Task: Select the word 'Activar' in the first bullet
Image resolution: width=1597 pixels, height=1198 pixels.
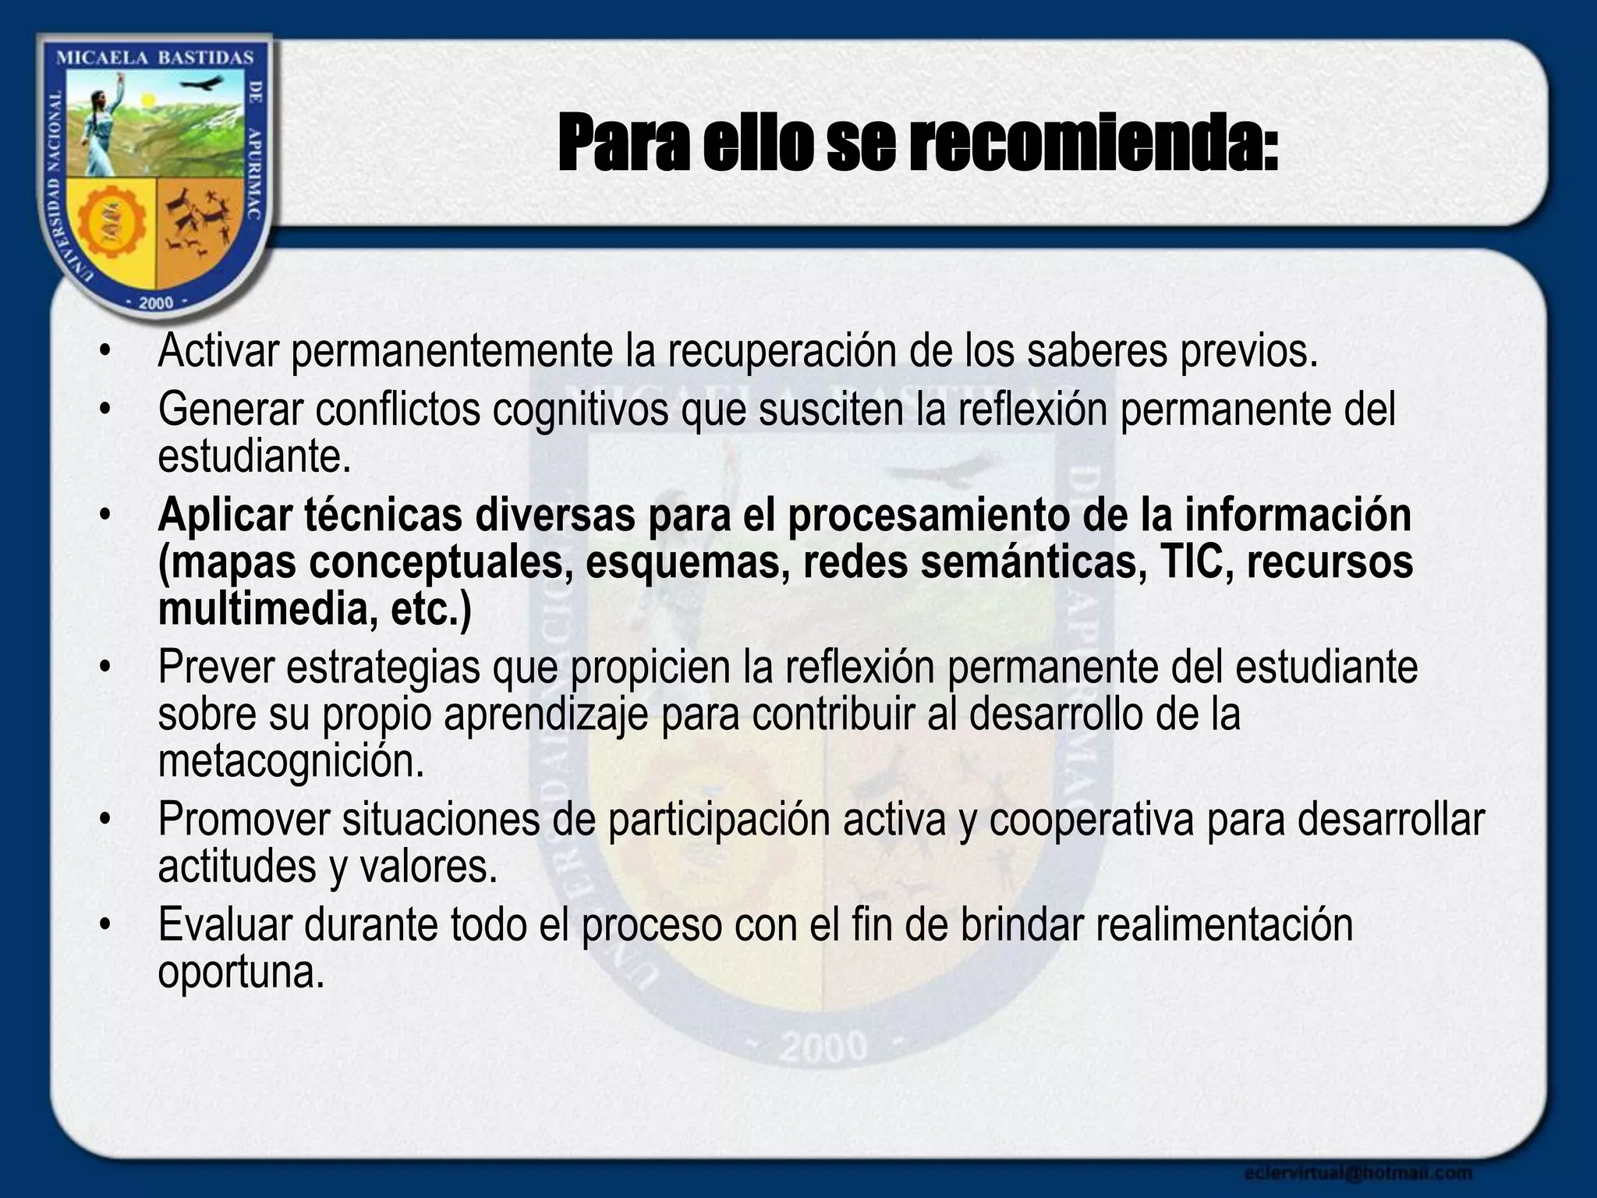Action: pos(218,352)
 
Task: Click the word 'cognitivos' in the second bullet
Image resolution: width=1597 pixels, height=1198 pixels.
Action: pos(580,409)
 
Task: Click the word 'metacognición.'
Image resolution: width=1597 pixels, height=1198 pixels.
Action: pos(291,761)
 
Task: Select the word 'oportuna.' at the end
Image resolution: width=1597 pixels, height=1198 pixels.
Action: pos(240,972)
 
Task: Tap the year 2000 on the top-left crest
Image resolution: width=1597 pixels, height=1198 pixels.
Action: pos(155,303)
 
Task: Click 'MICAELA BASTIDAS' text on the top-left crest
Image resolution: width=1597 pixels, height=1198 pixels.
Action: pos(156,58)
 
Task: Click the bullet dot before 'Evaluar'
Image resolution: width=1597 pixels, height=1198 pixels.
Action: pos(105,927)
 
